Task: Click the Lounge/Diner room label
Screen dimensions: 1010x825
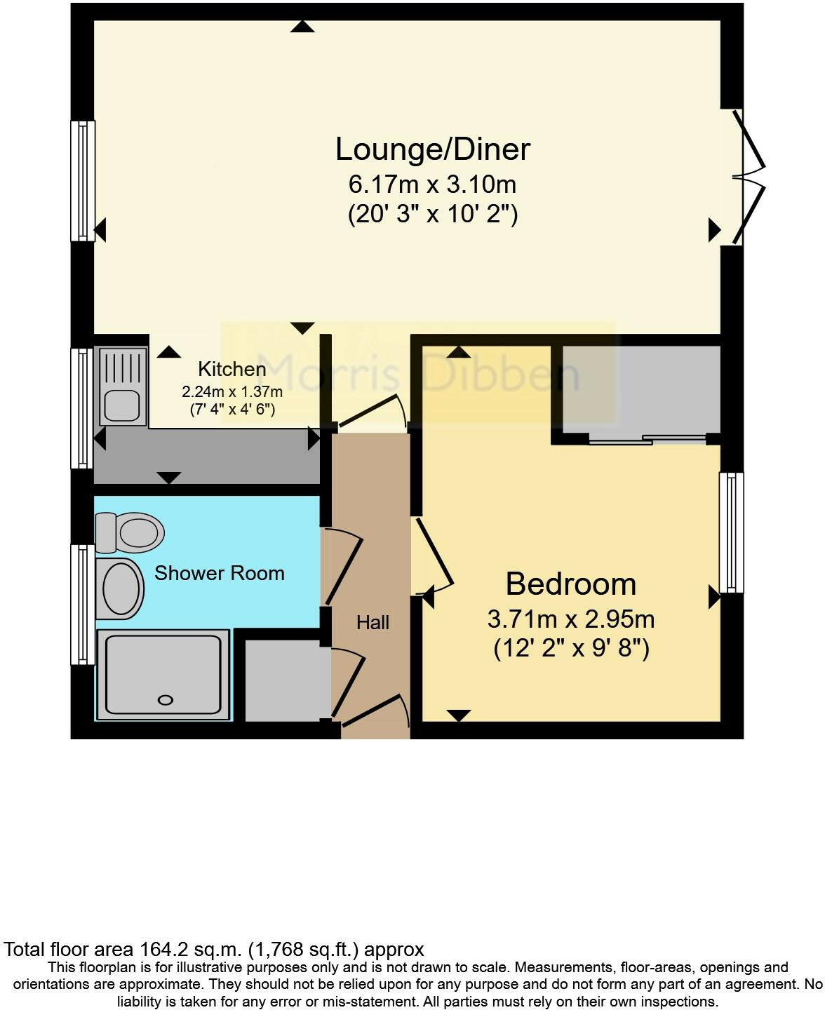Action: (432, 149)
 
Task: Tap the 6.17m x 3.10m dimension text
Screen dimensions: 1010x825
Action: (432, 184)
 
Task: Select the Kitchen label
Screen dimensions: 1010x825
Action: (232, 369)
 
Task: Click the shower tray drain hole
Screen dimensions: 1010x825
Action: (166, 700)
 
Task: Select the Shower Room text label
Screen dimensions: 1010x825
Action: (219, 573)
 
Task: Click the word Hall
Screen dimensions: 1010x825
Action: (373, 622)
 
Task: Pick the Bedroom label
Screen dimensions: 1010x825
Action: (570, 584)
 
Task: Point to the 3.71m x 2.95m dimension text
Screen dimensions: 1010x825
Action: (570, 619)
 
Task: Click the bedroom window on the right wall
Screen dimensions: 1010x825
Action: (732, 532)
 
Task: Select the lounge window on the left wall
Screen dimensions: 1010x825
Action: (83, 181)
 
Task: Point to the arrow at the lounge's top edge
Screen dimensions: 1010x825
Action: (302, 27)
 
